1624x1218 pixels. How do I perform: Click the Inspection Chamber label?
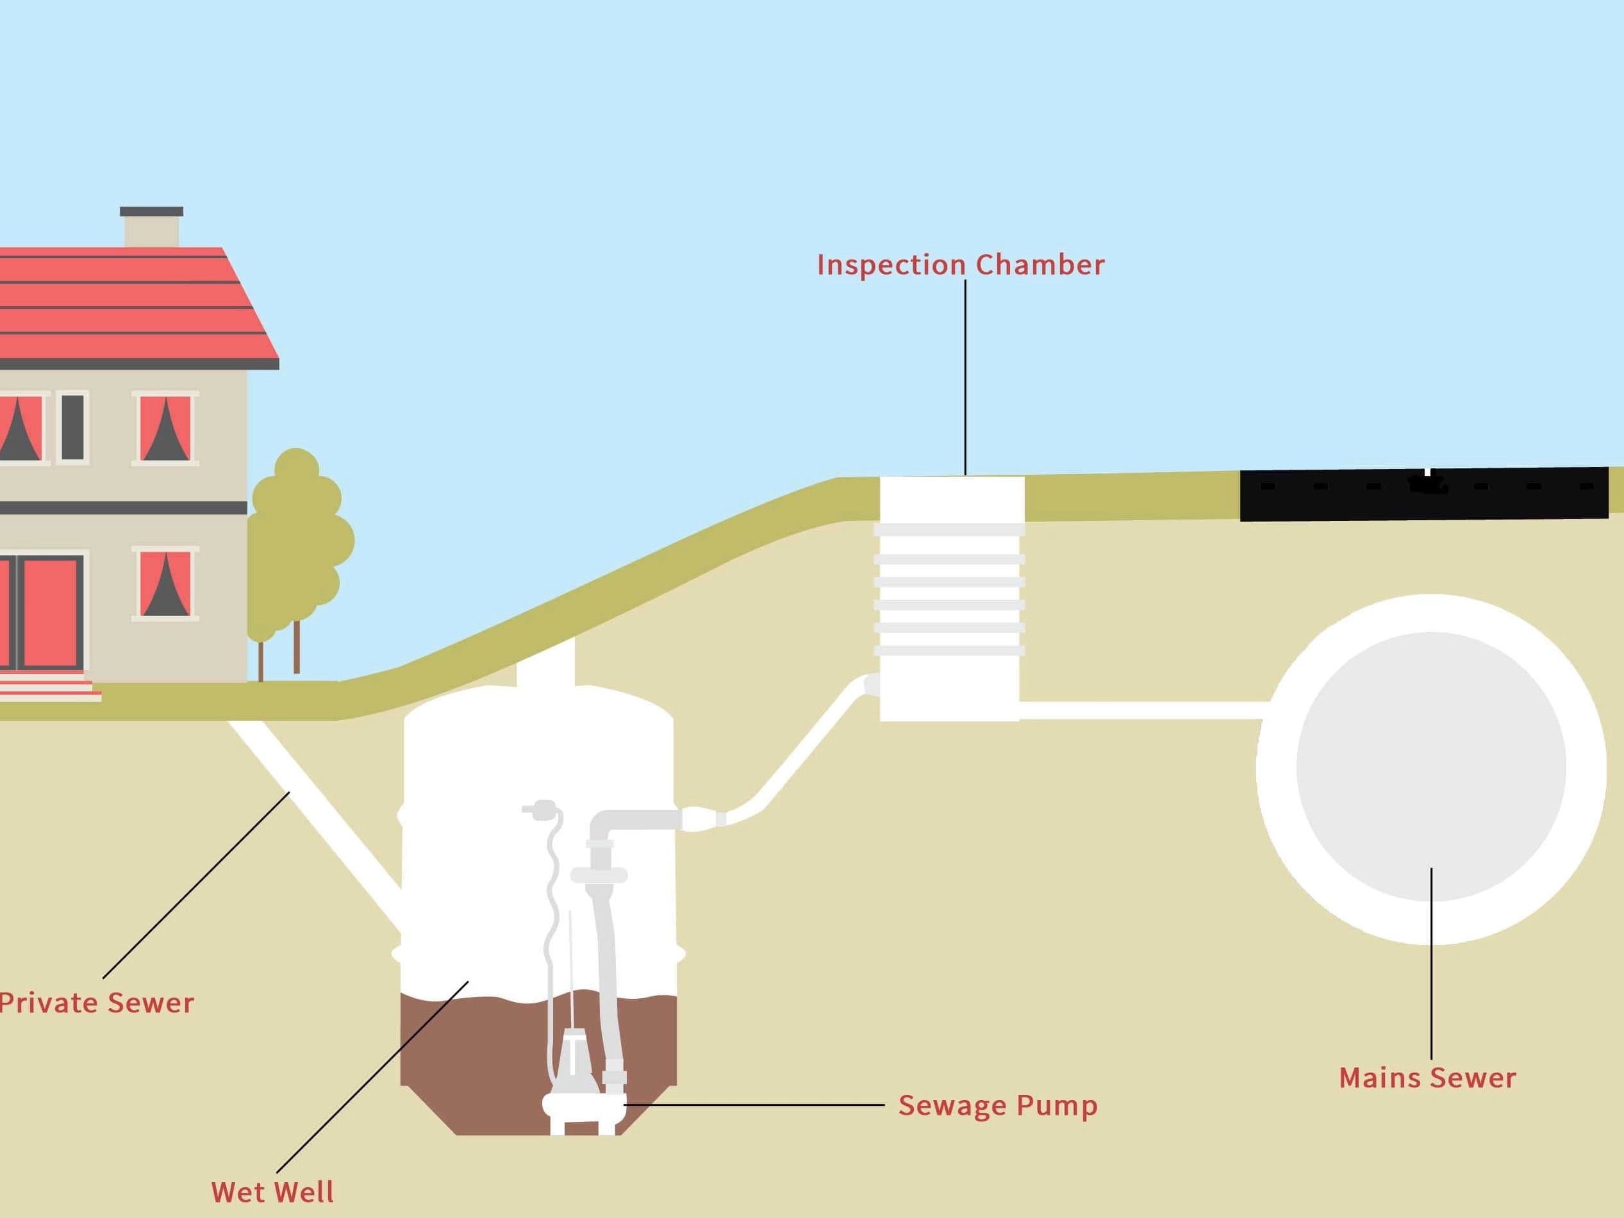click(960, 265)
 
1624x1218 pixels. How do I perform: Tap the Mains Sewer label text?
click(1427, 1078)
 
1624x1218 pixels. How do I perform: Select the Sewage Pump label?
click(998, 1105)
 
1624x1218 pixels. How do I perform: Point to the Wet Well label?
click(272, 1192)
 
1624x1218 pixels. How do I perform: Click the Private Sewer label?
click(97, 1003)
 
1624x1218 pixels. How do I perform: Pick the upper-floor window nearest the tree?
click(165, 428)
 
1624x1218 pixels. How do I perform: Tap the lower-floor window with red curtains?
click(165, 584)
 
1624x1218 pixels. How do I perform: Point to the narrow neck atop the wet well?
click(545, 664)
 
